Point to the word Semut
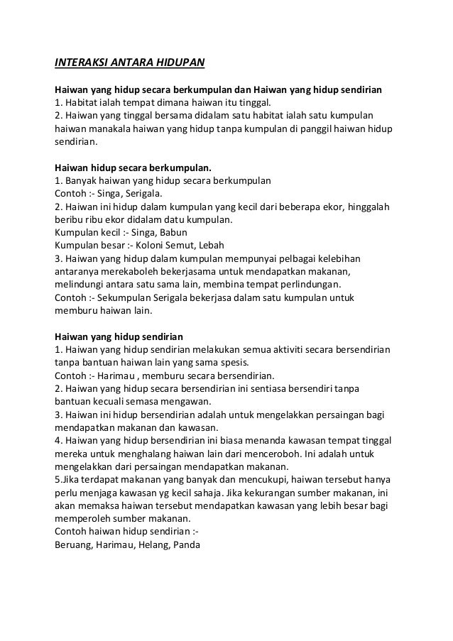tap(167, 245)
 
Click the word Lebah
tap(210, 245)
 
